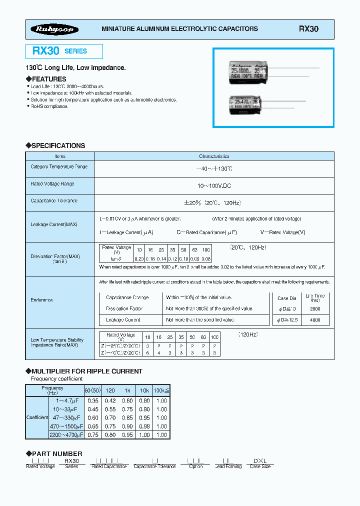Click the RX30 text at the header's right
308,29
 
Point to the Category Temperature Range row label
58,167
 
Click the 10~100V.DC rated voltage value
214,185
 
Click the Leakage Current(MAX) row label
53,224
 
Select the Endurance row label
41,300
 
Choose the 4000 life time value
315,320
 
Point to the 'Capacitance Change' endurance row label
127,297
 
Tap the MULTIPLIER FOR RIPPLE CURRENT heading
86,371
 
